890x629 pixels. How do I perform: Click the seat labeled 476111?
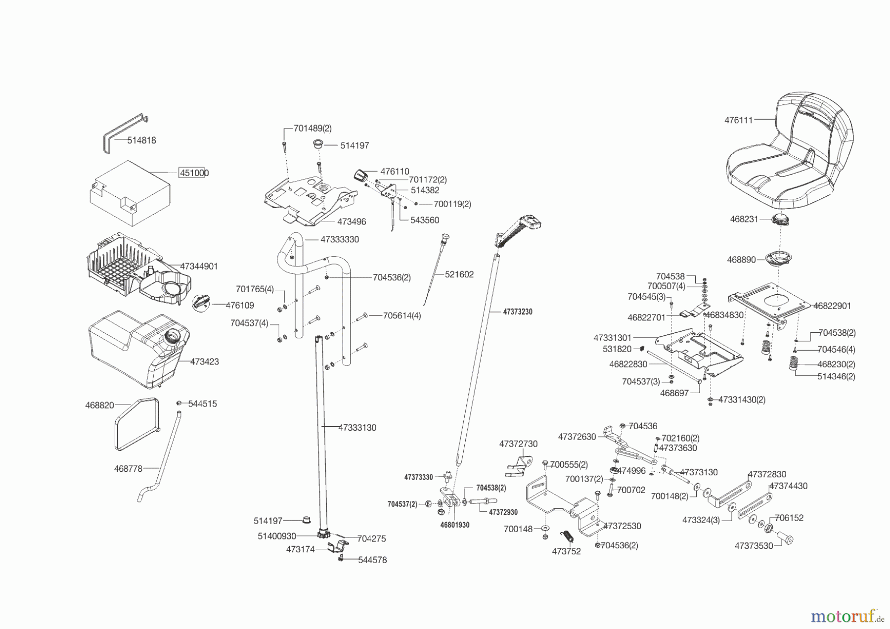791,153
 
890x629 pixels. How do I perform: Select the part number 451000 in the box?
193,173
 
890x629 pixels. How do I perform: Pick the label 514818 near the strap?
141,140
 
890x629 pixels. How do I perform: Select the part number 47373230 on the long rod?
518,312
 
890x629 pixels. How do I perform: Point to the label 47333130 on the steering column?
357,428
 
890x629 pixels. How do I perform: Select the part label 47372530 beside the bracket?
622,526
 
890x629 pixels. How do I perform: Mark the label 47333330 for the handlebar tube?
340,239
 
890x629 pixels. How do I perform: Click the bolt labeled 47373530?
785,538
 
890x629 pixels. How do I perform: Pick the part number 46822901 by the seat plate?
832,306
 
